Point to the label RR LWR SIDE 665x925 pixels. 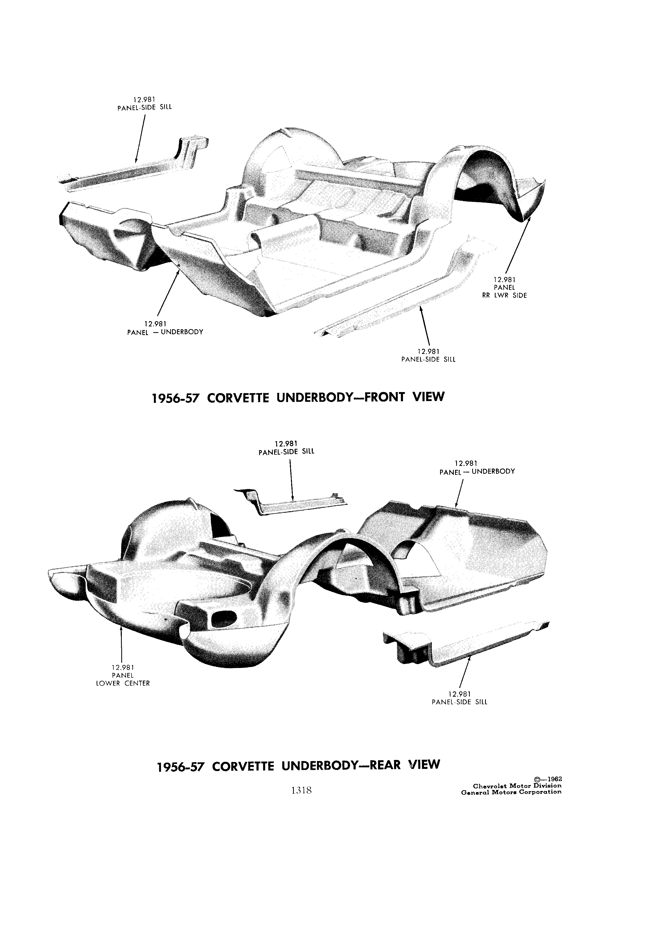pos(505,295)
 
